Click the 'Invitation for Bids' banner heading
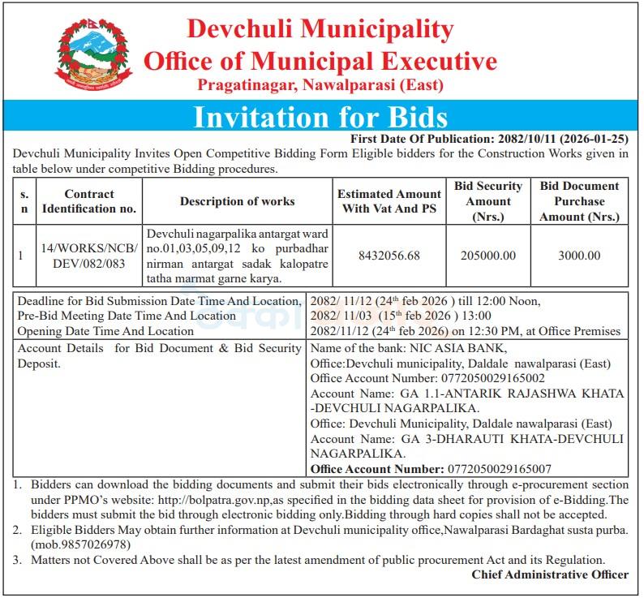pos(320,116)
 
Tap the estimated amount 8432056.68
pos(389,256)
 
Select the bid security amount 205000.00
pos(488,256)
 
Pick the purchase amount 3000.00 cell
pos(579,256)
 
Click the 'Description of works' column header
pos(238,201)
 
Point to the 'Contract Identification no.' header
pos(89,201)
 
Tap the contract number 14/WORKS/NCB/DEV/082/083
pos(89,256)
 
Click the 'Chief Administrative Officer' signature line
pos(550,574)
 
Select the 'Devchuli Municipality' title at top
pos(320,29)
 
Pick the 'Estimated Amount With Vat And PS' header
pos(389,201)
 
